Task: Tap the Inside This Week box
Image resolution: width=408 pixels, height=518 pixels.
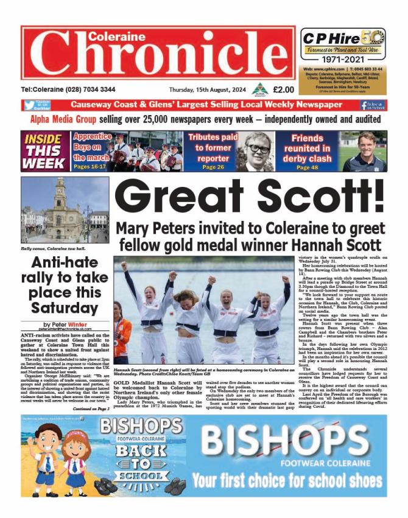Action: click(x=45, y=150)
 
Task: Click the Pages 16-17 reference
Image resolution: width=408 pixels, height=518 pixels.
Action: click(x=93, y=165)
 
